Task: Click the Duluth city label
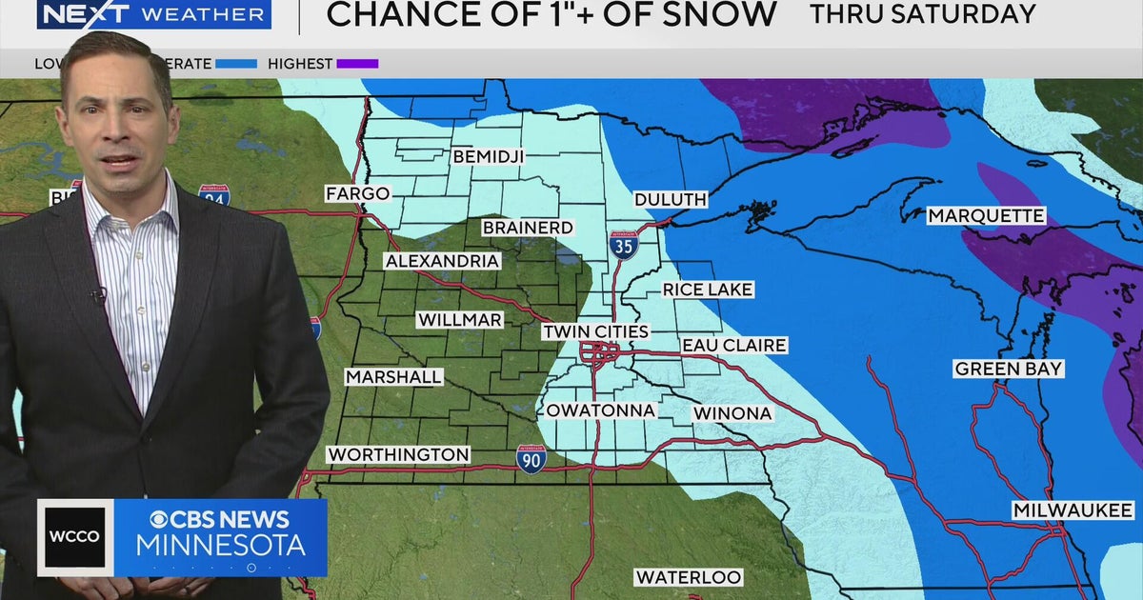[x=672, y=199]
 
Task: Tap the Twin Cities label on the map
[x=595, y=331]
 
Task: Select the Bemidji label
[x=487, y=155]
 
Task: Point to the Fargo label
[x=357, y=193]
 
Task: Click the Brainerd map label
[x=528, y=228]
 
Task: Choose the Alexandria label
[x=442, y=260]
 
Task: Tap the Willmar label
[x=459, y=320]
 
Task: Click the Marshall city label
[x=393, y=377]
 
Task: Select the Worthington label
[x=398, y=454]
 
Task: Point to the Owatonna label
[x=600, y=410]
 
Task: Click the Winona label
[x=732, y=413]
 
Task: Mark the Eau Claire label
[x=733, y=345]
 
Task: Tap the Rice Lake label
[x=708, y=289]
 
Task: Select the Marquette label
[x=986, y=216]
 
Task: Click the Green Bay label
[x=1009, y=369]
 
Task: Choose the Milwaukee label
[x=1073, y=511]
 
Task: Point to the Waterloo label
[x=689, y=577]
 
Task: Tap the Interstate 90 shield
[x=531, y=458]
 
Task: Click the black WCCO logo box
[x=75, y=536]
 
